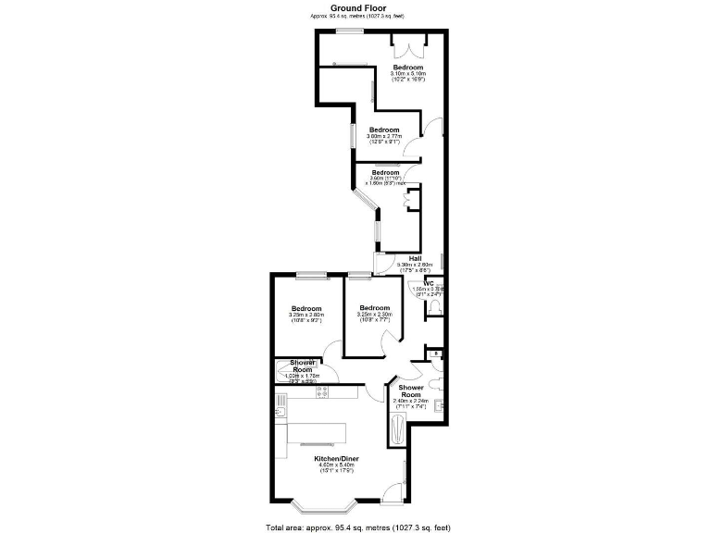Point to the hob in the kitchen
click(324, 392)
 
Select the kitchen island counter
click(315, 433)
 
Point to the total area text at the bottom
click(357, 527)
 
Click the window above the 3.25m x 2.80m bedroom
click(312, 273)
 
